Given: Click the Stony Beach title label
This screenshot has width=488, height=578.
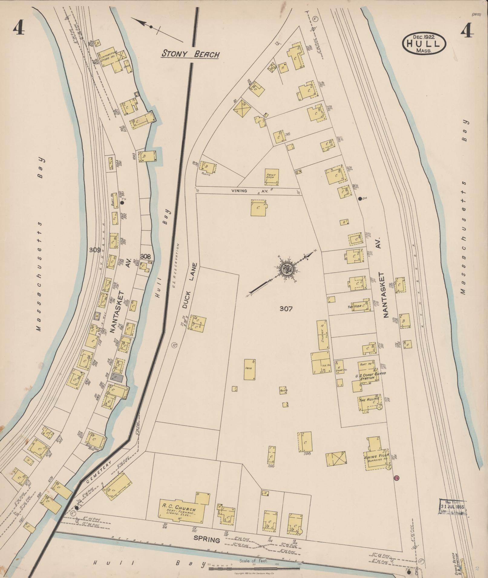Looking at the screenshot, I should tap(190, 54).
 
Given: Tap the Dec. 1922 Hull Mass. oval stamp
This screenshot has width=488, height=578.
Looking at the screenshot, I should tap(424, 44).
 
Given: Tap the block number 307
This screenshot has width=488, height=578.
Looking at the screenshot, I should tap(286, 309).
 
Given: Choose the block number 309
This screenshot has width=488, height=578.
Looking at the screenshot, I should tap(95, 250).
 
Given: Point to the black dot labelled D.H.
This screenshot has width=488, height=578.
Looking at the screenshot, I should tap(360, 199).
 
